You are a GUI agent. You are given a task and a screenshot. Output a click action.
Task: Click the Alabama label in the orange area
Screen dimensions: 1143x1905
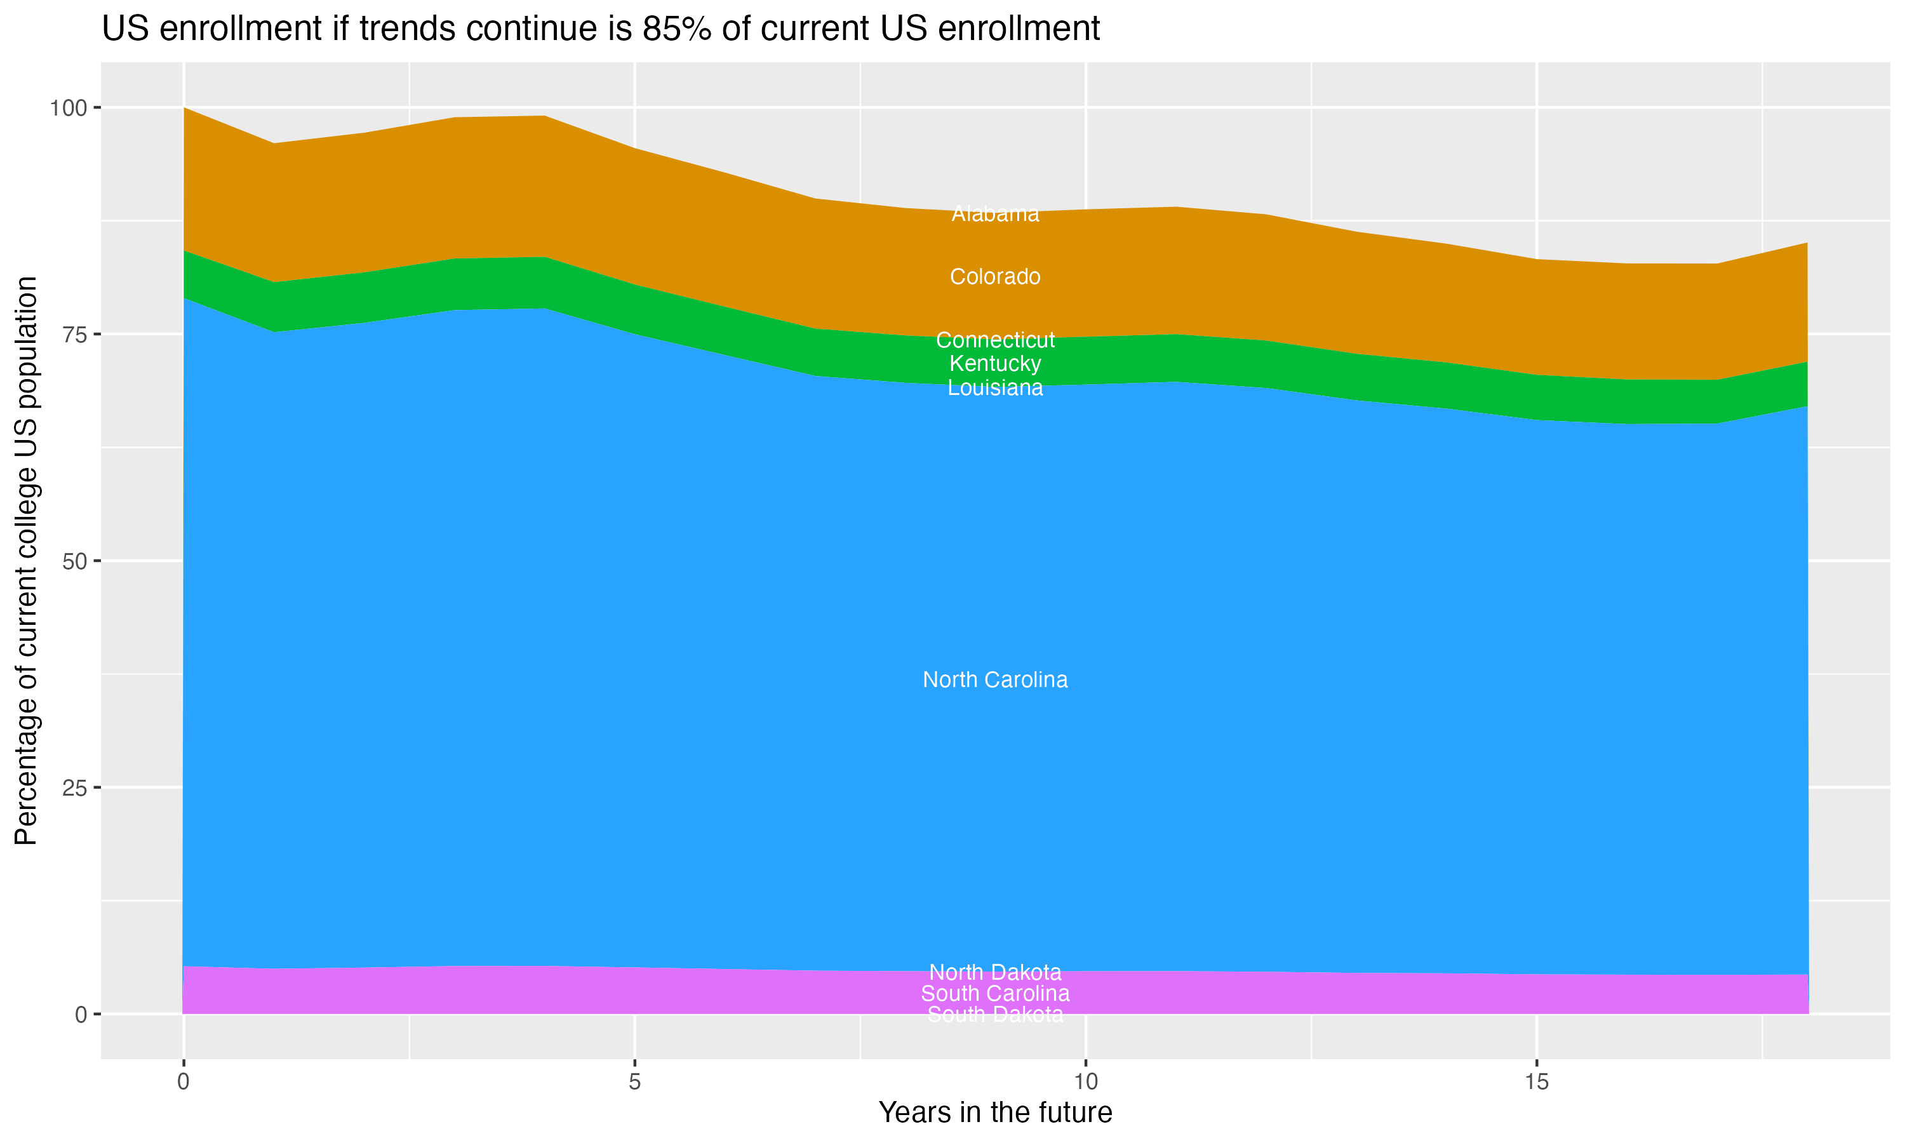click(995, 214)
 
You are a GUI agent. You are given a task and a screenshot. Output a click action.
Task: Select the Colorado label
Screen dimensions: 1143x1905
click(995, 276)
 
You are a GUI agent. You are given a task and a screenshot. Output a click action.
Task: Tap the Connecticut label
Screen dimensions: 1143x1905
click(995, 340)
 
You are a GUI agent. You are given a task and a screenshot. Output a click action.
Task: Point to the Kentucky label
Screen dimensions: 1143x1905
click(995, 364)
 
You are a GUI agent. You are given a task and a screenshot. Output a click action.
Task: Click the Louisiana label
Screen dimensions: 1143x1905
click(995, 387)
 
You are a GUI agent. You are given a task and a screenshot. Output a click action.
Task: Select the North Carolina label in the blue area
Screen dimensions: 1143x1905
click(995, 679)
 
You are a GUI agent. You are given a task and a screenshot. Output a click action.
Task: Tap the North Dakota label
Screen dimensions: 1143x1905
click(995, 972)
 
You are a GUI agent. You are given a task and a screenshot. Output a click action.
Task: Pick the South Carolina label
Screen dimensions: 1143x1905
click(995, 994)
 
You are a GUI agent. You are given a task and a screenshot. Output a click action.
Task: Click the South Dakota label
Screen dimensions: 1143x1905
click(995, 1014)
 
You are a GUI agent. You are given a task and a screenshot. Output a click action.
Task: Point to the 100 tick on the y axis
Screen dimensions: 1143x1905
click(68, 108)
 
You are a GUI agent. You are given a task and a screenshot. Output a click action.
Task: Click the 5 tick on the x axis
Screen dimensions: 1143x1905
click(634, 1082)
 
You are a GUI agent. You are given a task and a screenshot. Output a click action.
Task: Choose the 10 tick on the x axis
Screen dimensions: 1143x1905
click(1085, 1082)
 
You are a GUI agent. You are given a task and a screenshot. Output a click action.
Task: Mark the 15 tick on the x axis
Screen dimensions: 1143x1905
click(1536, 1082)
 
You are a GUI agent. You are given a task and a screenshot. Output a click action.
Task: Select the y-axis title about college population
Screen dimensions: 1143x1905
click(26, 561)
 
